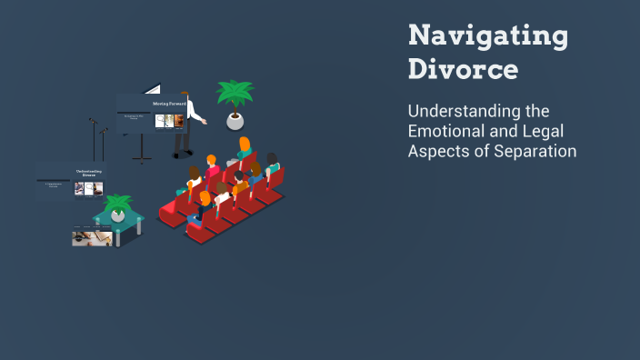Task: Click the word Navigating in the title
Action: click(x=488, y=37)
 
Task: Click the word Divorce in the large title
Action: click(x=464, y=69)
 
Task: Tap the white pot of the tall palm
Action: click(x=235, y=121)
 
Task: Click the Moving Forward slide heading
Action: click(x=169, y=104)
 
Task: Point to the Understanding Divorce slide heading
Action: click(x=88, y=172)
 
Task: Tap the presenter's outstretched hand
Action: click(x=205, y=122)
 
